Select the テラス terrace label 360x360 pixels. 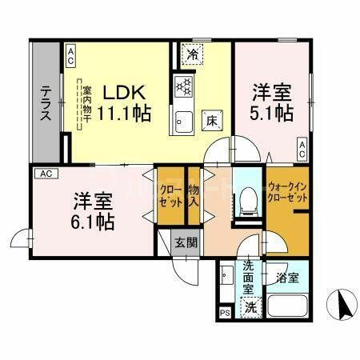pyautogui.click(x=46, y=102)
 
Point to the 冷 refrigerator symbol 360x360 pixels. pyautogui.click(x=193, y=54)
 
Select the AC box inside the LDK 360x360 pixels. pyautogui.click(x=70, y=54)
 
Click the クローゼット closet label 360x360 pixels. pyautogui.click(x=170, y=195)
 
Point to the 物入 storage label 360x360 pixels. pyautogui.click(x=194, y=195)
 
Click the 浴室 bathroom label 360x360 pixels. pyautogui.click(x=289, y=278)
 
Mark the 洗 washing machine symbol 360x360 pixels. pyautogui.click(x=250, y=305)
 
